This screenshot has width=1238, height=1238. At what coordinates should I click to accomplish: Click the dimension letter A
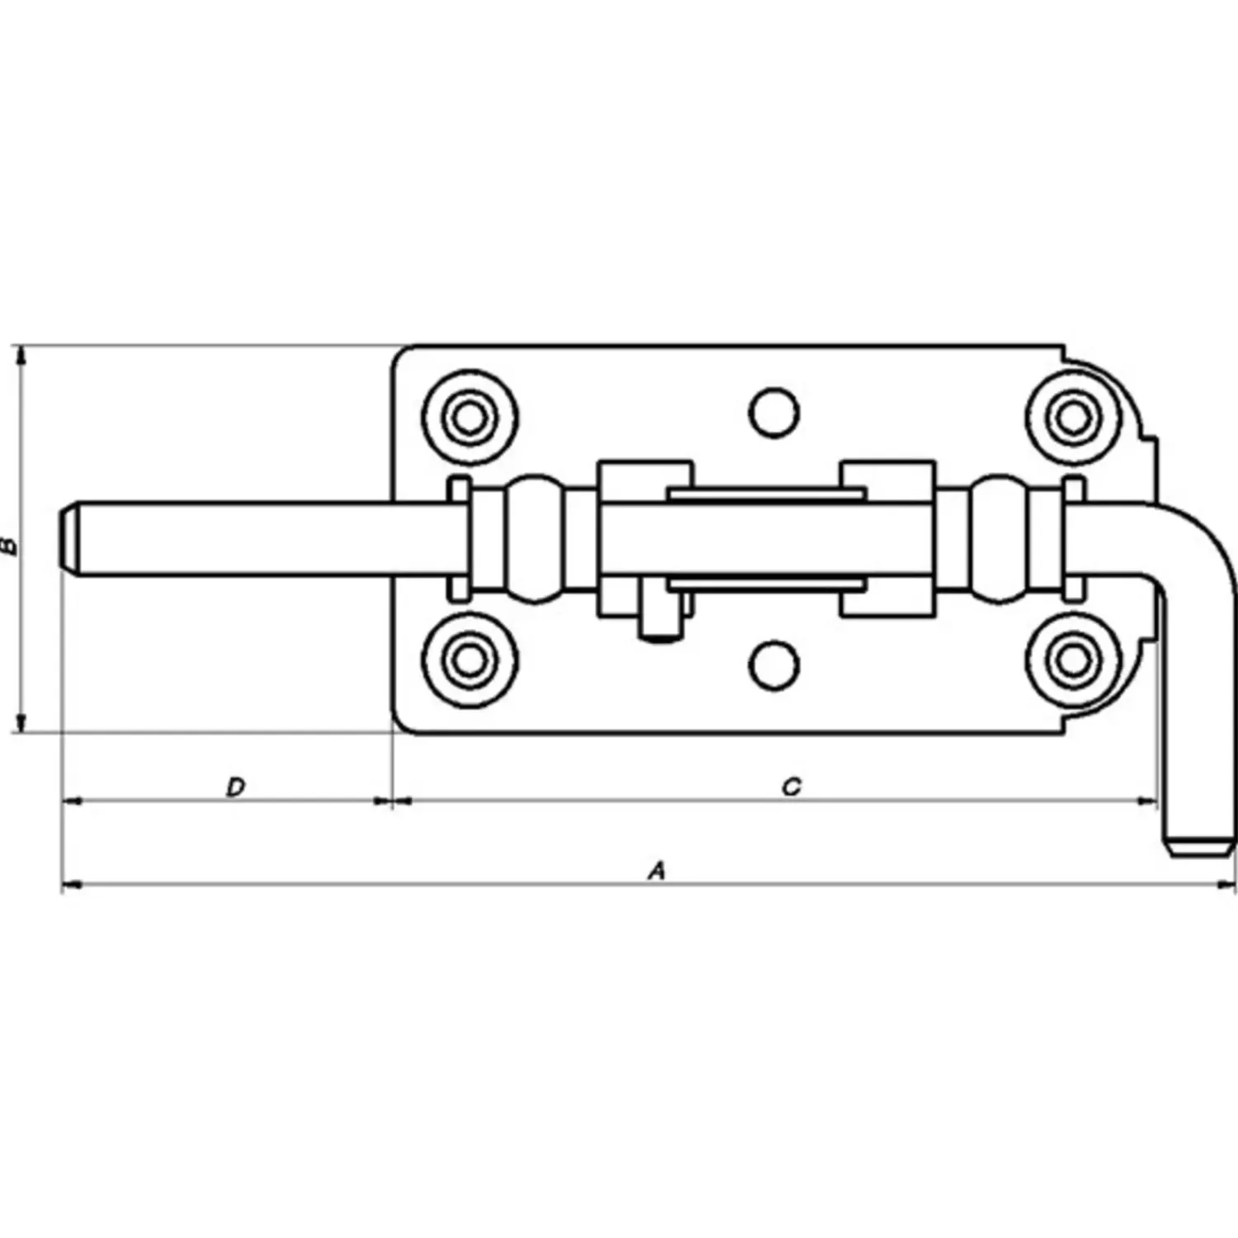click(x=656, y=870)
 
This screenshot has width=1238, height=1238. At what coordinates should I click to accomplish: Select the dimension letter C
click(x=791, y=787)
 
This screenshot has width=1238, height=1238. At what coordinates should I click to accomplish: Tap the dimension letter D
click(x=236, y=787)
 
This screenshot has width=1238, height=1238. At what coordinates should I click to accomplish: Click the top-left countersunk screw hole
click(x=469, y=418)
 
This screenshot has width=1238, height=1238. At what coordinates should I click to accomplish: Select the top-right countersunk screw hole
click(x=1073, y=418)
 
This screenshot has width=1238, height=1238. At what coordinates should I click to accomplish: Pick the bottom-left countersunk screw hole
click(x=469, y=659)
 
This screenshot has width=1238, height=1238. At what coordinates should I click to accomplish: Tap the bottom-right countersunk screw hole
click(x=1073, y=659)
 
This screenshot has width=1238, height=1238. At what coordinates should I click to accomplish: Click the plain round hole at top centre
click(x=774, y=412)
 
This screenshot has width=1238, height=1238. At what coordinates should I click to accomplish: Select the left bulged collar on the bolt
click(x=536, y=538)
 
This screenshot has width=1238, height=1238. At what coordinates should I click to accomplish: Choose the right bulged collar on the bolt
click(x=1002, y=538)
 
